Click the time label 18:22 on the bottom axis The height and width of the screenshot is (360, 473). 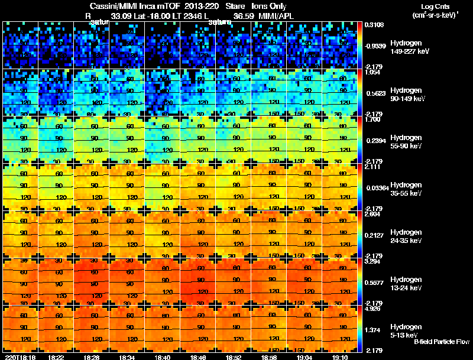pos(56,357)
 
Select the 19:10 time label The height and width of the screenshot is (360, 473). pos(340,357)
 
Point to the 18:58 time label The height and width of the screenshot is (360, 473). pos(269,357)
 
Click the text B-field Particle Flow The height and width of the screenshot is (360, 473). pos(441,342)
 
